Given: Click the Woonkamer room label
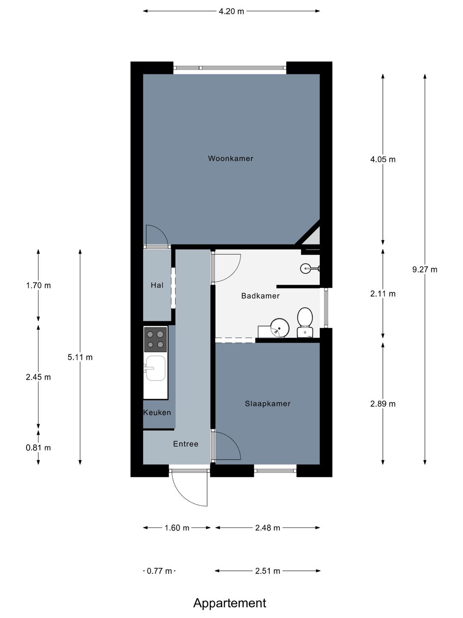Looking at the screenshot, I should [231, 158].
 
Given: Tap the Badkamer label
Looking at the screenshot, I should [260, 296].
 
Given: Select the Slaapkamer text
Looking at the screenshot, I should [268, 403].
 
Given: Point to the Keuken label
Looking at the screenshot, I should [157, 412].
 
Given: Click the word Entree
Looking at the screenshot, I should [186, 444].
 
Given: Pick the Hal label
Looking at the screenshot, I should [157, 285].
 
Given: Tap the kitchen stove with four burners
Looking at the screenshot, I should [155, 339].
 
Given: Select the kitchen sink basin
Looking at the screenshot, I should [155, 368].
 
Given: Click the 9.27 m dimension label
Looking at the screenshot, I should [424, 270].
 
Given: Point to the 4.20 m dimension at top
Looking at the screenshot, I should [231, 12].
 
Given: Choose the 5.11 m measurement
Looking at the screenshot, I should [80, 357].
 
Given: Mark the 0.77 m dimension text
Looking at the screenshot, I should [159, 571].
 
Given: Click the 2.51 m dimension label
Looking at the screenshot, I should [268, 571].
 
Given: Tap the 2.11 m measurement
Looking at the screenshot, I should [383, 294].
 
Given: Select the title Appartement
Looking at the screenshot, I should [229, 603].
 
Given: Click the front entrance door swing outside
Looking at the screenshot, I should [189, 489].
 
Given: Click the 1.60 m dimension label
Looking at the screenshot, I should [177, 528].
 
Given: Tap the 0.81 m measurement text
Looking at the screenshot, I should [38, 448].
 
